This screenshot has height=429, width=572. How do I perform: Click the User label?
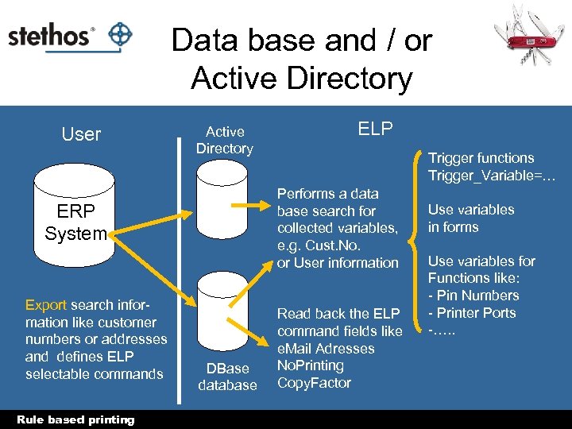pos(81,134)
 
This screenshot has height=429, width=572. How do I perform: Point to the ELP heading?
pos(375,129)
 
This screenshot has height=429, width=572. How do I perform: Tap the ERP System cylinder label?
pos(75,223)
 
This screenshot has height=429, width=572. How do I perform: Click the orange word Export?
pos(46,305)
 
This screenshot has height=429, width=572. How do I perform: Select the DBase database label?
pos(227,377)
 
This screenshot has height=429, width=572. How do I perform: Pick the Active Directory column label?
pos(224,140)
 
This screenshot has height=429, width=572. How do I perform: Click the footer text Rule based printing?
pos(76,419)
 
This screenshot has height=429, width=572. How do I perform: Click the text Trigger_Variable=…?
pos(492,176)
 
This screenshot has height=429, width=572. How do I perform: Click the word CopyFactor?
pos(314,383)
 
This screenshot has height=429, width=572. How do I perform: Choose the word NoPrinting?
pos(310,365)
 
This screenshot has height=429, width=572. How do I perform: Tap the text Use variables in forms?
pos(471,218)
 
